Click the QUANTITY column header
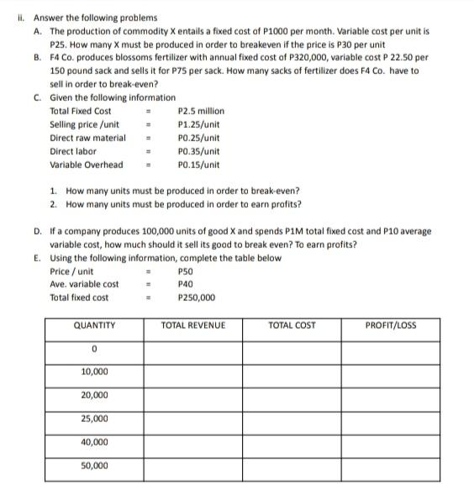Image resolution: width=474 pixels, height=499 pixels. click(94, 325)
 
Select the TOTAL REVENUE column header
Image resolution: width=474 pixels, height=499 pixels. click(193, 325)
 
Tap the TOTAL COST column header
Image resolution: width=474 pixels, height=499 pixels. click(292, 325)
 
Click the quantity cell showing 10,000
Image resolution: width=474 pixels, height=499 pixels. click(94, 371)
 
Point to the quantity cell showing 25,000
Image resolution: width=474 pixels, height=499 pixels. click(94, 418)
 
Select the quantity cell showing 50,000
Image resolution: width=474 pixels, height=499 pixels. click(94, 465)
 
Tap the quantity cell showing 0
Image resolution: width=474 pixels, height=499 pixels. click(94, 348)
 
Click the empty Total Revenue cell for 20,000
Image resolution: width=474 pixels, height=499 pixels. click(193, 395)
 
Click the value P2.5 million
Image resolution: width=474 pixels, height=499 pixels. click(202, 111)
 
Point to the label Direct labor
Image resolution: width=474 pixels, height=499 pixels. click(73, 151)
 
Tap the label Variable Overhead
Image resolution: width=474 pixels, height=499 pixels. click(86, 165)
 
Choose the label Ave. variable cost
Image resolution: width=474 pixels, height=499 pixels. click(84, 284)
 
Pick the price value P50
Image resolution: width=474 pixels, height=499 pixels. click(186, 271)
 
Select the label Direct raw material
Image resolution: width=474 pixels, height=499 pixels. click(87, 138)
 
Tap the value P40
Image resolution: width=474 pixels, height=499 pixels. click(186, 284)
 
